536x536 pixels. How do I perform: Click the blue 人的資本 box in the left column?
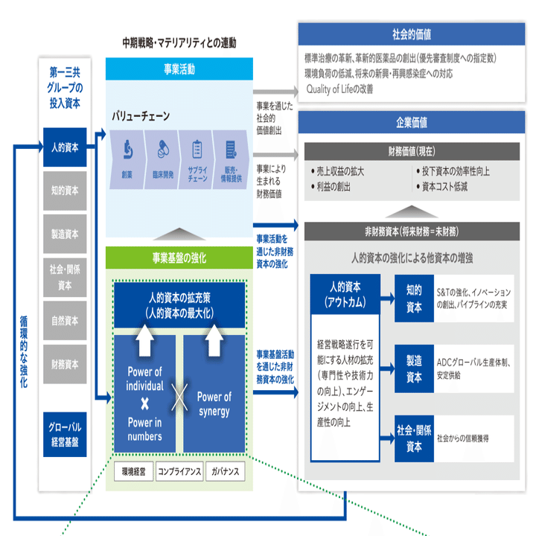(65, 147)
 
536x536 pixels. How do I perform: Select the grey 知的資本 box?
(65, 191)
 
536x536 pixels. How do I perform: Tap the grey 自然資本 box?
(65, 320)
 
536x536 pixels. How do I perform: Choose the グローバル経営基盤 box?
(65, 434)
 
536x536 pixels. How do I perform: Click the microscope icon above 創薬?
(128, 150)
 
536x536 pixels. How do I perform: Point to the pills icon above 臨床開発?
(163, 149)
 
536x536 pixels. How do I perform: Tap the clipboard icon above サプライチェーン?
(197, 149)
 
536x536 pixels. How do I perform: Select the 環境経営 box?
(134, 471)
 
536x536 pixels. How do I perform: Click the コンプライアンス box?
(179, 471)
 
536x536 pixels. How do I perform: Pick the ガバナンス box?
(226, 471)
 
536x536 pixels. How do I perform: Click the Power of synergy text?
(214, 403)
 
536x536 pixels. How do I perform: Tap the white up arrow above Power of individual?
(144, 340)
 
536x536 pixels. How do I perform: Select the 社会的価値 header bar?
(412, 34)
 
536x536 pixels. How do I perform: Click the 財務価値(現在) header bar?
(412, 151)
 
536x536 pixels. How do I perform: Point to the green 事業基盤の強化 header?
(179, 258)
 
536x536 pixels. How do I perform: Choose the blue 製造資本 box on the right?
(414, 368)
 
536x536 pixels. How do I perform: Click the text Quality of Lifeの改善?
(339, 89)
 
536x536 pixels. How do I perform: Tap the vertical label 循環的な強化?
(24, 351)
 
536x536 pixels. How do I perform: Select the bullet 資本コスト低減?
(441, 187)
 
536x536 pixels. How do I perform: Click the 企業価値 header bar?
(412, 122)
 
